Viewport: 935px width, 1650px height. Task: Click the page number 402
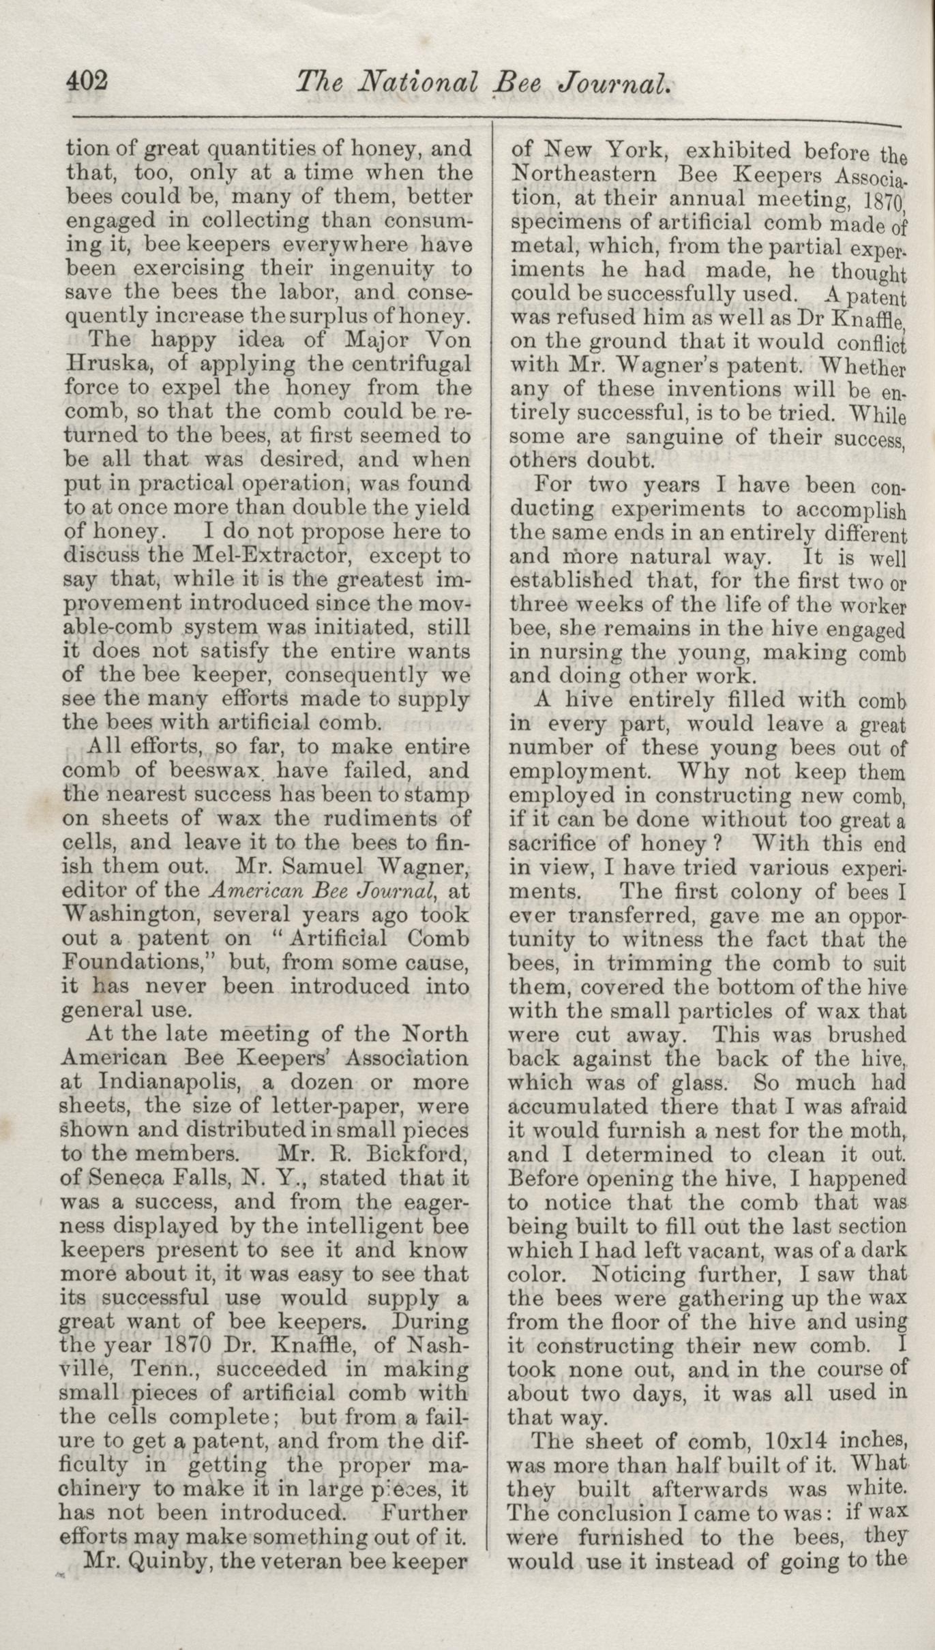[x=87, y=82]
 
